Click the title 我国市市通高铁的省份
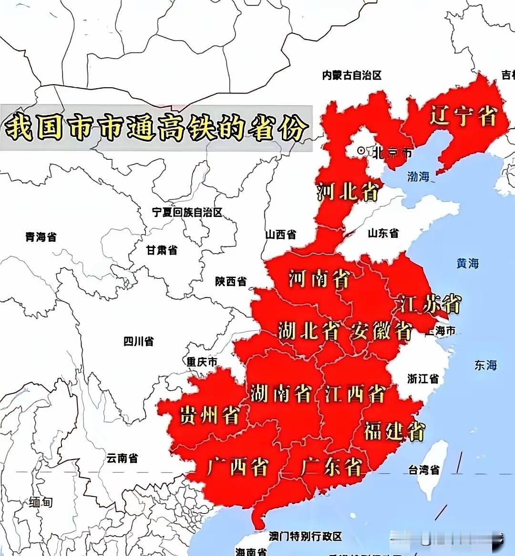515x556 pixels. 156,128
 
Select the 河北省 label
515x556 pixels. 348,192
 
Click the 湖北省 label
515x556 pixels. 309,330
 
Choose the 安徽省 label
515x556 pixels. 381,330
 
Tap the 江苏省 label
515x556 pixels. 430,304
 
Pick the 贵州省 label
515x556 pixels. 209,415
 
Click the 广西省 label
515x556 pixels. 237,466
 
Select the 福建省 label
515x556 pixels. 394,431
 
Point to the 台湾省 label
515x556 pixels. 424,470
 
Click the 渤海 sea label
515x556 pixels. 418,176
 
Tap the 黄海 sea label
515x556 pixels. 467,263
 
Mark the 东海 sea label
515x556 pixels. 485,365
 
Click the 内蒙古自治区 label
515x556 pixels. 352,75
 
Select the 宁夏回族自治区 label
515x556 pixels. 187,212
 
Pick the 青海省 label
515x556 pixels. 41,237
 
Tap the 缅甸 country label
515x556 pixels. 41,502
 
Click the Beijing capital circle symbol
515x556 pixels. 361,151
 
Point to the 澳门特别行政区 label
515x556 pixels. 305,536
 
